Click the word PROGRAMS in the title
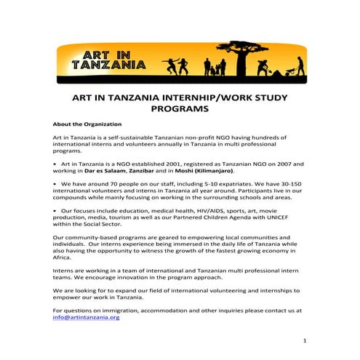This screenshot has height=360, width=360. (x=179, y=108)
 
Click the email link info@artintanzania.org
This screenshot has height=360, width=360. (x=86, y=317)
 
